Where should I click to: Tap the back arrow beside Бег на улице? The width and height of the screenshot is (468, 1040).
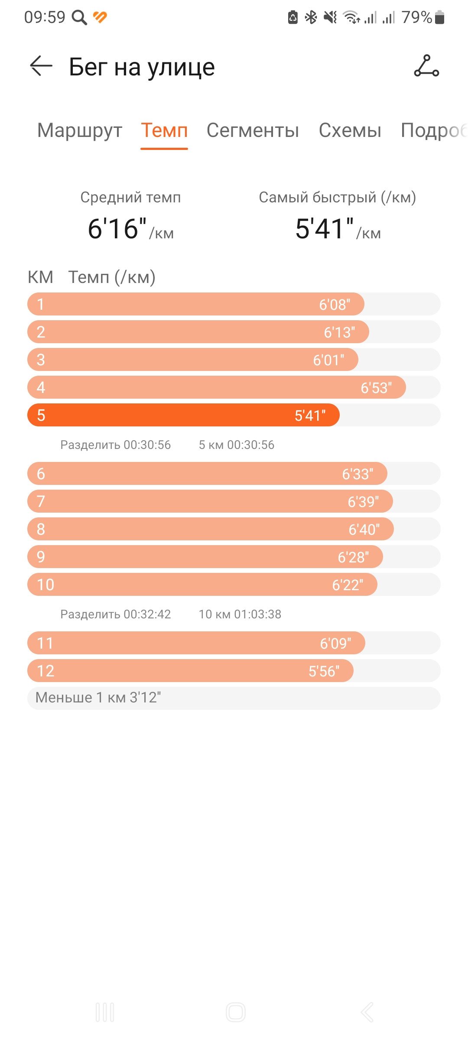41,66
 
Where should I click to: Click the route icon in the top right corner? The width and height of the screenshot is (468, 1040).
426,66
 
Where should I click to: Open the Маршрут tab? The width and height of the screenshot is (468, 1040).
80,130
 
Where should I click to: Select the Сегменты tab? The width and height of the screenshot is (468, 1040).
253,130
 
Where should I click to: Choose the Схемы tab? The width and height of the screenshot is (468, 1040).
350,130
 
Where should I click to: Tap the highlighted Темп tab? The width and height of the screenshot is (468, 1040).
164,130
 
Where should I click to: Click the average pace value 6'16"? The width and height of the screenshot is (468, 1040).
117,228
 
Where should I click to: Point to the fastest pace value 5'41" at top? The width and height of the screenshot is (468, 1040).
325,228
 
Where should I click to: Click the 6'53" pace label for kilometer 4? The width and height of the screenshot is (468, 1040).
376,388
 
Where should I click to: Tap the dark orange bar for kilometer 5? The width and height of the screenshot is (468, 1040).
183,415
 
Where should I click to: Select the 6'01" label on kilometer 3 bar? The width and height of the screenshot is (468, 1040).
328,360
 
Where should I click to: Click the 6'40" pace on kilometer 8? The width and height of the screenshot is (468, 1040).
364,530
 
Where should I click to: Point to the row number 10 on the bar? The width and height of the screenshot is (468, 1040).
45,585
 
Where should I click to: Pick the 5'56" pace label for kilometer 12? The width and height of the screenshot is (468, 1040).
324,671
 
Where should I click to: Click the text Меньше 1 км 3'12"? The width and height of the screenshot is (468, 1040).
98,698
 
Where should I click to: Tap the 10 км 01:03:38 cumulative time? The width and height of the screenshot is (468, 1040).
240,614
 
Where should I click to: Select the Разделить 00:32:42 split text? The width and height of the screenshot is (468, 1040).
116,614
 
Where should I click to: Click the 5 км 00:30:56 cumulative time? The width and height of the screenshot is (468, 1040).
237,445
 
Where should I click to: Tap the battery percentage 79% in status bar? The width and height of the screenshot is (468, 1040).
416,17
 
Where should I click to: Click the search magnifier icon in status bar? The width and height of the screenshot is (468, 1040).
79,18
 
